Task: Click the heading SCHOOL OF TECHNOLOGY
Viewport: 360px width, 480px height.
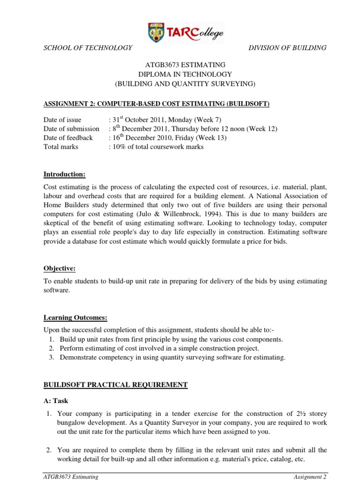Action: pyautogui.click(x=88, y=48)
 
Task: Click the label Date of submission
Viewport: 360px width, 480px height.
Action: pyautogui.click(x=71, y=129)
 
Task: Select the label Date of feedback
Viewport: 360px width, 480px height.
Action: pyautogui.click(x=68, y=138)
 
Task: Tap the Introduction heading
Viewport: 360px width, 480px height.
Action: pyautogui.click(x=64, y=174)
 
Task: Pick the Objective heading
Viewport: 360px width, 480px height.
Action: pyautogui.click(x=59, y=269)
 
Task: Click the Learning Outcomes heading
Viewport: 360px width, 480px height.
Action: pyautogui.click(x=75, y=318)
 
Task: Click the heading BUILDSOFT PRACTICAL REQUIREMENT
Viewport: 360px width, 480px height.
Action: pyautogui.click(x=115, y=385)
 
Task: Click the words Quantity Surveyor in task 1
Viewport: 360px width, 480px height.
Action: pyautogui.click(x=167, y=422)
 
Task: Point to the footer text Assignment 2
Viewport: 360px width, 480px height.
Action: pyautogui.click(x=310, y=476)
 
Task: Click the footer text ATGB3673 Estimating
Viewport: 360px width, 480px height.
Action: pyautogui.click(x=71, y=476)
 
